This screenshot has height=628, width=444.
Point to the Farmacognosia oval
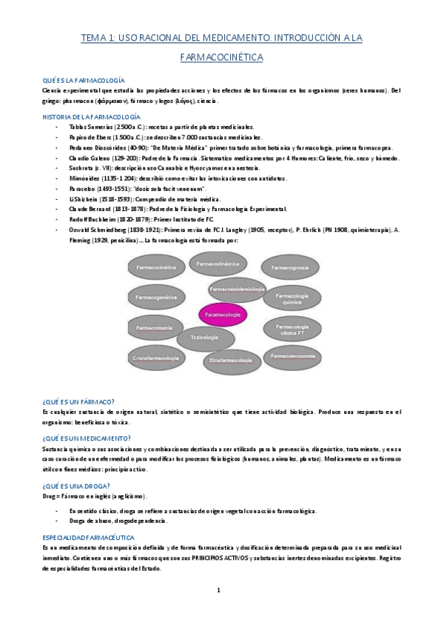(294, 267)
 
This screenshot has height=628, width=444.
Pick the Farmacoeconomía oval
(294, 356)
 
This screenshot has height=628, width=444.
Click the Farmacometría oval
(155, 327)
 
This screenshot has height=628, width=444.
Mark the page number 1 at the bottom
(219, 589)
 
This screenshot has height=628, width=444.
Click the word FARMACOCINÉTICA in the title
(222, 56)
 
